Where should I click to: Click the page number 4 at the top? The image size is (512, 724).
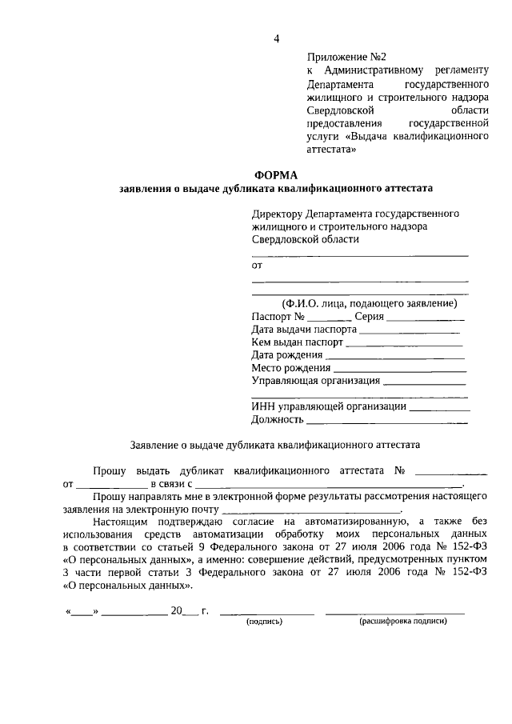[x=276, y=38]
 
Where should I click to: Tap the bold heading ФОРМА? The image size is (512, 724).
[x=275, y=175]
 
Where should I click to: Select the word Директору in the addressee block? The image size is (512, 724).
[x=277, y=214]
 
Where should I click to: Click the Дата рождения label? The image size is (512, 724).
[x=286, y=354]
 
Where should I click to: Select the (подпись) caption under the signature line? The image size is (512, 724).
[x=265, y=622]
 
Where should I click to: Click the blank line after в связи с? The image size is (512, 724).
[x=329, y=484]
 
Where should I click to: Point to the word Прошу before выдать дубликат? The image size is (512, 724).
[x=110, y=471]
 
